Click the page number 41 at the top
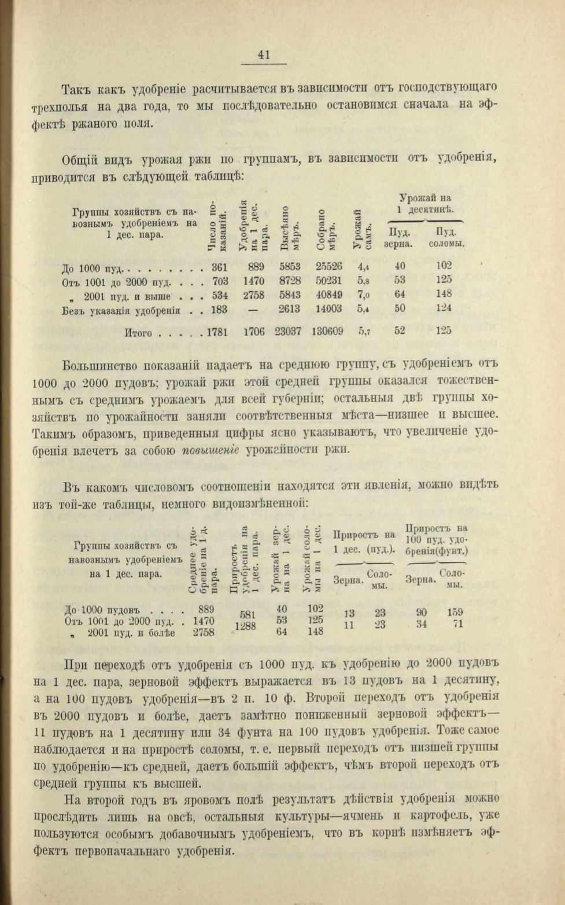[x=264, y=55]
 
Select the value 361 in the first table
[x=220, y=267]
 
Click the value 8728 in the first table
[x=290, y=281]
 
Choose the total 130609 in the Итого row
[x=327, y=332]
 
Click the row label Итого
[x=139, y=333]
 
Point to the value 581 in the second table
[x=246, y=615]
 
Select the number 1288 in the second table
[x=246, y=626]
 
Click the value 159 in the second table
[x=455, y=612]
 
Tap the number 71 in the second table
[x=457, y=624]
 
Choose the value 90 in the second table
[x=422, y=612]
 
